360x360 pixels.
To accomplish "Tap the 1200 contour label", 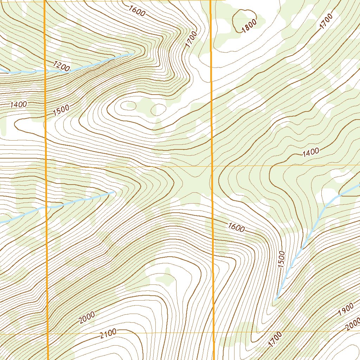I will pos(62,66).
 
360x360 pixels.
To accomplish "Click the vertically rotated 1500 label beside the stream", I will pos(281,259).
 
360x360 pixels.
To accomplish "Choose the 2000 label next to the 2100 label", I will pos(87,317).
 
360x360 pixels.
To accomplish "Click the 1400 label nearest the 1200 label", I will pos(19,104).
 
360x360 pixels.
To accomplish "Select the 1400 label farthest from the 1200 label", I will pos(310,152).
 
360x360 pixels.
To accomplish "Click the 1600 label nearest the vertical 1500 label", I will pos(236,227).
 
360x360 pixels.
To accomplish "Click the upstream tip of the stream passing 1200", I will pos(133,54).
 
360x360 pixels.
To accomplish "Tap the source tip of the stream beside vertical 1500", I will pos(276,299).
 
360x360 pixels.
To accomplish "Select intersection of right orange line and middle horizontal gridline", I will pos(212,165).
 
